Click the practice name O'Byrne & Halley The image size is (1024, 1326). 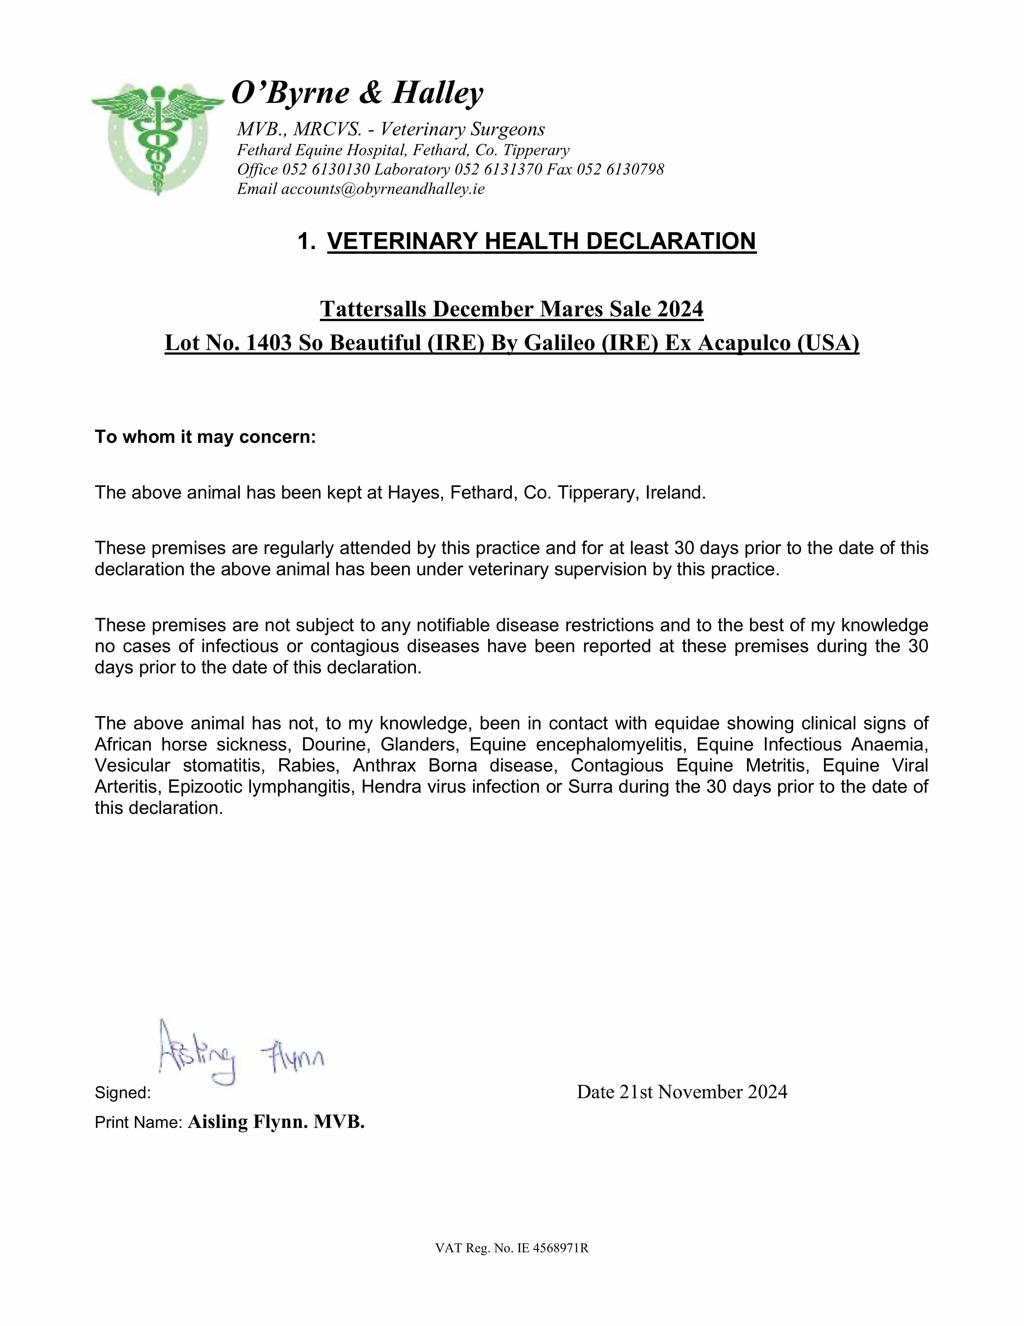coord(358,93)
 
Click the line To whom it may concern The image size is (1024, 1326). coord(205,437)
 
